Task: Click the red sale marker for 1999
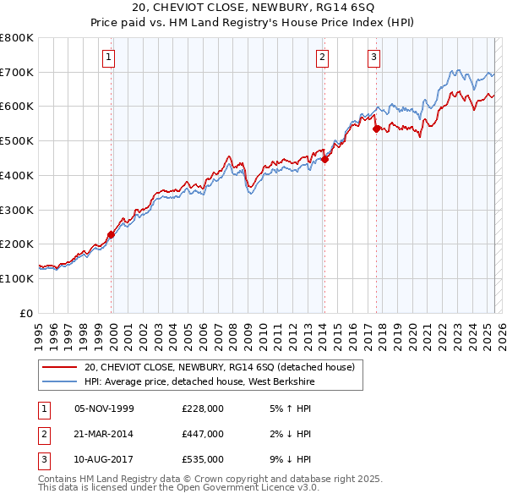pyautogui.click(x=111, y=235)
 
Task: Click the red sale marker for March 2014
pyautogui.click(x=324, y=159)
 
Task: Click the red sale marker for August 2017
pyautogui.click(x=376, y=129)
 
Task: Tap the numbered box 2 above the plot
pyautogui.click(x=323, y=58)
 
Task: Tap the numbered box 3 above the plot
pyautogui.click(x=373, y=58)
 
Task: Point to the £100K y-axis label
pyautogui.click(x=17, y=278)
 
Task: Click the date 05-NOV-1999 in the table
pyautogui.click(x=105, y=409)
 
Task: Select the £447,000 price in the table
pyautogui.click(x=202, y=433)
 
